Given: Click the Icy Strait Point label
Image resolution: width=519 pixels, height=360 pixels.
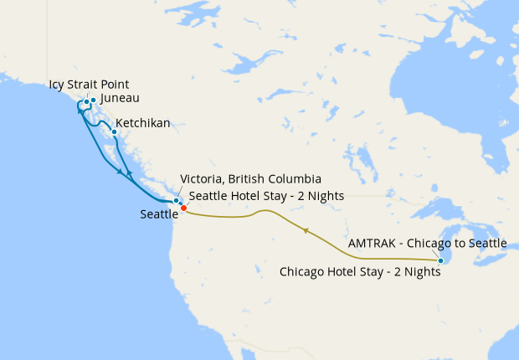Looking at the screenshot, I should pos(89,84).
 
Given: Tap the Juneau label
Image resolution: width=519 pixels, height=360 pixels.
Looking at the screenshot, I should pos(118,98).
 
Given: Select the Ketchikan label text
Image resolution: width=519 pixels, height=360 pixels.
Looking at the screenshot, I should pos(142,123).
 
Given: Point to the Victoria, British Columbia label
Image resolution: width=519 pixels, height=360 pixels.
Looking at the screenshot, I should pos(250,179).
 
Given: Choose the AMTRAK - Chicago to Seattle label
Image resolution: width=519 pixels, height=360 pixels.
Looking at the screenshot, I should pos(427,243).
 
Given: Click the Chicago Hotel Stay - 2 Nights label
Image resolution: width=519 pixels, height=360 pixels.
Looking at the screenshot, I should pos(360,271).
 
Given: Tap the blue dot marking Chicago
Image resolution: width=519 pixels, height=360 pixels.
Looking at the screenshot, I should pos(440,261).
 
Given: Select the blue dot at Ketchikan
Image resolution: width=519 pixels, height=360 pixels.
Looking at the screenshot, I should pos(114,131).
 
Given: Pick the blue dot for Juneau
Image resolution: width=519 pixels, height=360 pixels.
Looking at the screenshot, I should pos(93,101).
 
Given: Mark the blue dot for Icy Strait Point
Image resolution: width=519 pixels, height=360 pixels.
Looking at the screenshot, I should pos(86,102).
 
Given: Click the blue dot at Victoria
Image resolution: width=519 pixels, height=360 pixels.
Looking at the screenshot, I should pos(176,201).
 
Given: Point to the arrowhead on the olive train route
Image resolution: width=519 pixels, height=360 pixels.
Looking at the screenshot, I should pos(307,229).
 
